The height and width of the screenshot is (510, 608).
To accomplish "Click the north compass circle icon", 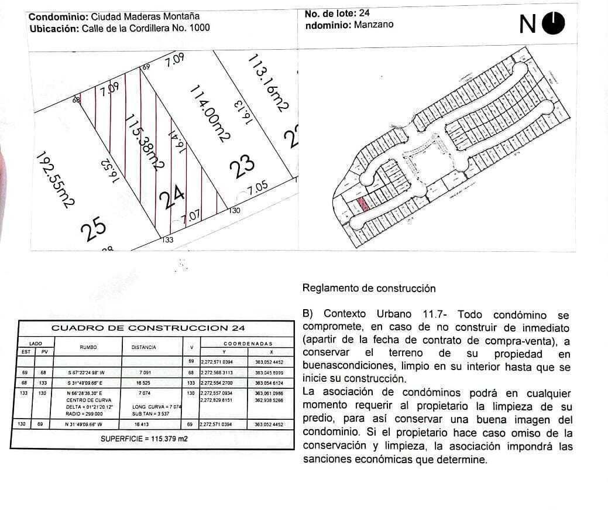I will tap(553, 23).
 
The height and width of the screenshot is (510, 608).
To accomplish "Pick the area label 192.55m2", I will tap(56, 179).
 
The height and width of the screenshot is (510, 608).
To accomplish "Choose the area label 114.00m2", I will tap(209, 112).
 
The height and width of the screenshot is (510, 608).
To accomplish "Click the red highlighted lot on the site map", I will tap(363, 204).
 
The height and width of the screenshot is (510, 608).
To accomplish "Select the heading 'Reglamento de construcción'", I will tap(369, 288).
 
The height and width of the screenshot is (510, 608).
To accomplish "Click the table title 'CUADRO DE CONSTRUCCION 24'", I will tap(149, 328).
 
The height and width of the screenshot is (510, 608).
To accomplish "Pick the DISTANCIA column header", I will tap(143, 347).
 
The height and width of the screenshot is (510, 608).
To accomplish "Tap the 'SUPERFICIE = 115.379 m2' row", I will tap(144, 438).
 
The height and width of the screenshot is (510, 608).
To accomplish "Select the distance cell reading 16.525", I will tap(143, 382).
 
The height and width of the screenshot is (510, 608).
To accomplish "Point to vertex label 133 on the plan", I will tap(167, 239).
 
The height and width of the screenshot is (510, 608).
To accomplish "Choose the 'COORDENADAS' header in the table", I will tap(248, 344).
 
